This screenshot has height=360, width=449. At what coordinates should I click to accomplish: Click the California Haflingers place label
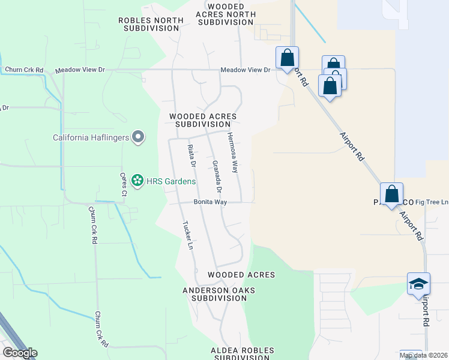91,137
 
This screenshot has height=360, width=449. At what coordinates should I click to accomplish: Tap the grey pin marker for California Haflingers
139,137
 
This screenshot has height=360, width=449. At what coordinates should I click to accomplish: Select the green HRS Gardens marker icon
137,180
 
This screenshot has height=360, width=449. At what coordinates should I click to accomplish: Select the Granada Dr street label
217,176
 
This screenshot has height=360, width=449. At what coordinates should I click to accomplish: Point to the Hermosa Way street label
232,154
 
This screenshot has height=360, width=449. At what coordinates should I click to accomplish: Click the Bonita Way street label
210,202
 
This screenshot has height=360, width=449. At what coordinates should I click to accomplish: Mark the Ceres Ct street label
123,184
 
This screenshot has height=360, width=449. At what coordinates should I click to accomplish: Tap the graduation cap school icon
418,284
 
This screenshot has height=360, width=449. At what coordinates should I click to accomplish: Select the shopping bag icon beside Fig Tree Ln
391,194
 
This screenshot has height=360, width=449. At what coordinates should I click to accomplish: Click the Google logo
20,353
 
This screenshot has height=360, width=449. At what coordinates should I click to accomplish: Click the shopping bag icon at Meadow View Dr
288,58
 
